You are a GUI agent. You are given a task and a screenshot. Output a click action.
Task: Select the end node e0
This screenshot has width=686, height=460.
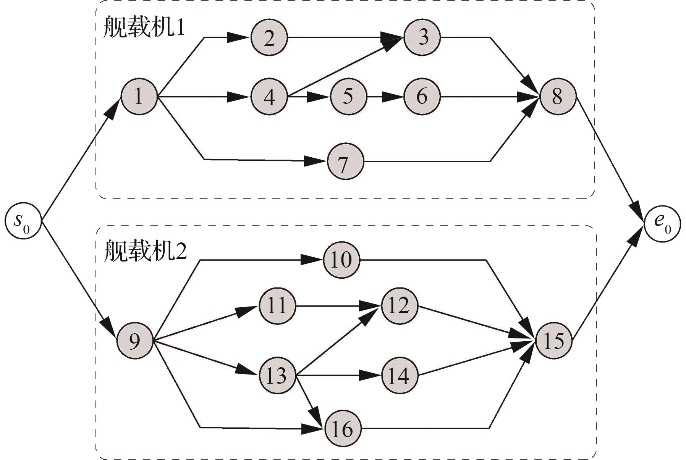click(x=663, y=222)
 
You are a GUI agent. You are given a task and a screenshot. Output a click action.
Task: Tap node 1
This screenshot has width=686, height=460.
click(x=139, y=96)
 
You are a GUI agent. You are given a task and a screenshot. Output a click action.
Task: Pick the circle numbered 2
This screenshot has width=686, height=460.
click(x=269, y=38)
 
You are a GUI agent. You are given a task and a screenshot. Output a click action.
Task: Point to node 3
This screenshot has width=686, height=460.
click(x=422, y=37)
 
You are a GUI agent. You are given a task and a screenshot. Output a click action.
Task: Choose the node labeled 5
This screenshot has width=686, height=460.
click(x=348, y=96)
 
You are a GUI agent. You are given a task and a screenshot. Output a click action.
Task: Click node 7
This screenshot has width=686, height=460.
click(x=345, y=161)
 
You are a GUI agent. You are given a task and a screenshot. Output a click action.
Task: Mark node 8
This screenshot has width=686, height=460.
click(x=557, y=96)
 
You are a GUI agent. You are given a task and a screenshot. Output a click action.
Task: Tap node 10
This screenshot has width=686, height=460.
click(x=341, y=260)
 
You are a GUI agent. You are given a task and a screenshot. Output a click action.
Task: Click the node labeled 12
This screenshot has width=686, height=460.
click(x=399, y=306)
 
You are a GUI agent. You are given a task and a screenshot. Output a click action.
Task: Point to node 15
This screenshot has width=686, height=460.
click(x=553, y=341)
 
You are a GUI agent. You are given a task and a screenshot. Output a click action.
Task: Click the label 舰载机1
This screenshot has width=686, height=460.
click(x=144, y=27)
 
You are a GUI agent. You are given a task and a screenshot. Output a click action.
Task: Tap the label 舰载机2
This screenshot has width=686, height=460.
click(x=145, y=251)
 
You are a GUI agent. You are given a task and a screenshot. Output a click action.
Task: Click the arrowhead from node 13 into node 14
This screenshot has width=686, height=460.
click(x=371, y=376)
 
